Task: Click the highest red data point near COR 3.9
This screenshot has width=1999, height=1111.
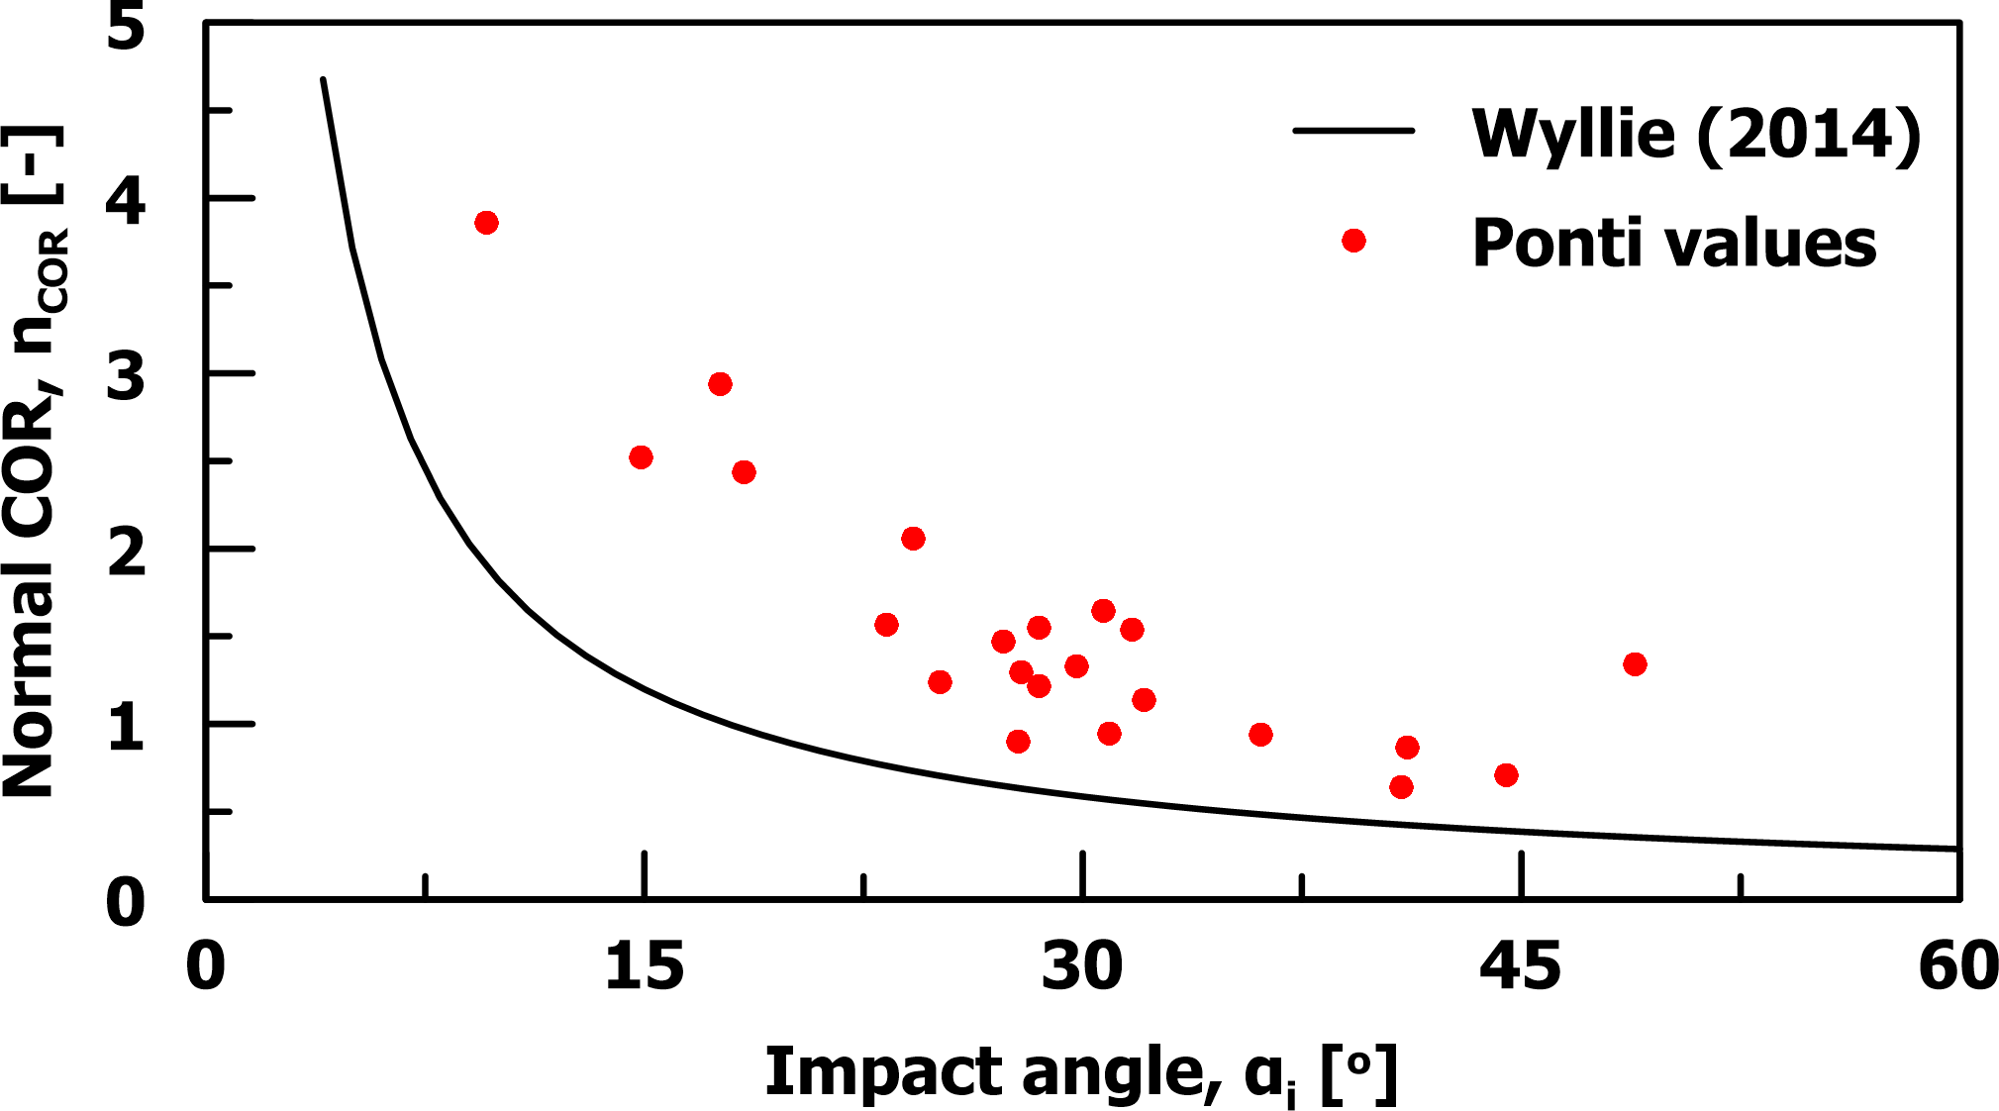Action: click(x=486, y=223)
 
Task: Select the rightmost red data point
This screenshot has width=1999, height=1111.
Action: click(x=1635, y=664)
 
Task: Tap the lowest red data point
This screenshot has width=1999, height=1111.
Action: click(x=1401, y=787)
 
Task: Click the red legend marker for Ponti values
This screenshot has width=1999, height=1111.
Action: click(x=1353, y=241)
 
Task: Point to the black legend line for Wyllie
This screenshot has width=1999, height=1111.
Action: click(x=1353, y=131)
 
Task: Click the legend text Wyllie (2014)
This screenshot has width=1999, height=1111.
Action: click(x=1696, y=134)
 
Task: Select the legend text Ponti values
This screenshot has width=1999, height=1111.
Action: click(x=1673, y=244)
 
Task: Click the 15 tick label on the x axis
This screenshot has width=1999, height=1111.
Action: click(x=644, y=967)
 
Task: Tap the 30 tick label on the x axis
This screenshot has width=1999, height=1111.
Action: click(x=1081, y=967)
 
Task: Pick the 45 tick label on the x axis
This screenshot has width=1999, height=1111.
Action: click(x=1520, y=967)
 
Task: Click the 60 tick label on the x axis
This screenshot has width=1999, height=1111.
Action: click(x=1957, y=967)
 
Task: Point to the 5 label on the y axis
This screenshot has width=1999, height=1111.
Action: click(x=126, y=27)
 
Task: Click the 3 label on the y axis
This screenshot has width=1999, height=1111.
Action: click(x=126, y=377)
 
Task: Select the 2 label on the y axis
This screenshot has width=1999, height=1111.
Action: click(x=126, y=553)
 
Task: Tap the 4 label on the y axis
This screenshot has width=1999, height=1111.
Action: click(x=126, y=202)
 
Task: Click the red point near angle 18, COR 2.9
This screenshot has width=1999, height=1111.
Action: click(x=720, y=384)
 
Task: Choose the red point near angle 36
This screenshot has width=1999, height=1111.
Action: click(x=1260, y=735)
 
